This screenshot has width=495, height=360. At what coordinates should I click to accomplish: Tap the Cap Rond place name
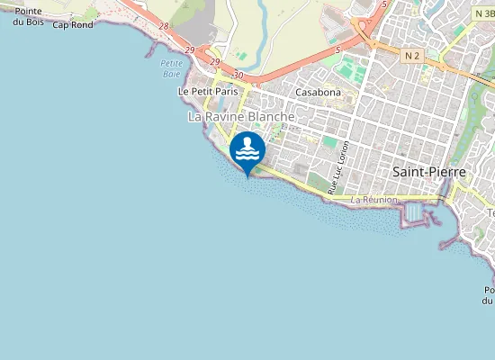click(x=73, y=25)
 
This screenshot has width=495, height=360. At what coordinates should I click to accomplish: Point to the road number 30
click(x=238, y=75)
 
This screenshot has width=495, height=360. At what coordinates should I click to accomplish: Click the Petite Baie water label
click(x=171, y=68)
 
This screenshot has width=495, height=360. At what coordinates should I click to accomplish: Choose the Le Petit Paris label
click(x=208, y=92)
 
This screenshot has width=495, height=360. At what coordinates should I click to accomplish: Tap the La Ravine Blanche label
click(x=240, y=117)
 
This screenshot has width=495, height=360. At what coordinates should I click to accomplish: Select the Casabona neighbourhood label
click(x=318, y=92)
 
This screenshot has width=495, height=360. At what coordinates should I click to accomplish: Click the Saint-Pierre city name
click(x=427, y=171)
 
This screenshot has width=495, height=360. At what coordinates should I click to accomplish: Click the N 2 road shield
click(x=412, y=56)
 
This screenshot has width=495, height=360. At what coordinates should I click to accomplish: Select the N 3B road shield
click(x=482, y=14)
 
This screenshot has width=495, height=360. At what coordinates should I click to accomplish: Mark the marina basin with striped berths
click(x=415, y=212)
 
